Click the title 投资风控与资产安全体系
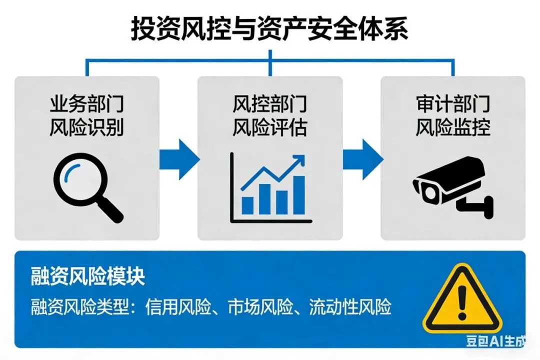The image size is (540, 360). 269,28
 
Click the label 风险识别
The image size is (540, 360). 86,128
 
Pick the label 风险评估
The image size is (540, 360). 269,128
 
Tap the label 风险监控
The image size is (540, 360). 453,128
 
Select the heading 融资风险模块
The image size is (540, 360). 88,276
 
